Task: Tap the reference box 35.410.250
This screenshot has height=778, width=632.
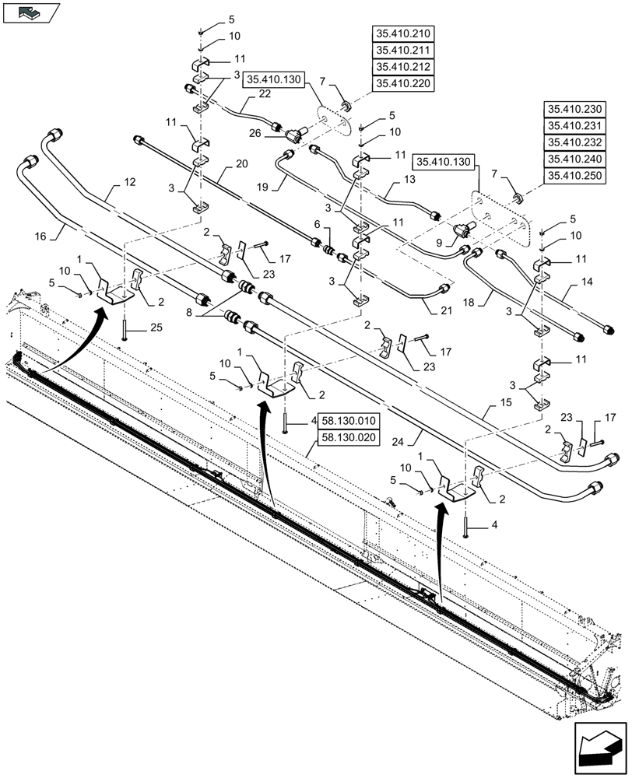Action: click(x=574, y=176)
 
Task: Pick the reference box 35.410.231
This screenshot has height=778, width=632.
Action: click(x=574, y=127)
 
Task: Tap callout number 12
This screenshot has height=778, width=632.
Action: click(x=128, y=184)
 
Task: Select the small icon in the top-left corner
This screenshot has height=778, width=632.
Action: click(x=30, y=12)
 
